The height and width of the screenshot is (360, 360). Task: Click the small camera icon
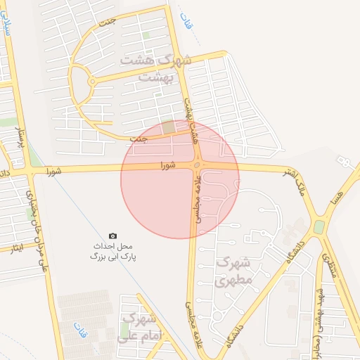112,236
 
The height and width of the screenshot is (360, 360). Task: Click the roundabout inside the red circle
197,165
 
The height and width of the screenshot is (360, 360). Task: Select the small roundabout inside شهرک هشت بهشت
92,82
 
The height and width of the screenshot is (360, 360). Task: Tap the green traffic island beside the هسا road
319,227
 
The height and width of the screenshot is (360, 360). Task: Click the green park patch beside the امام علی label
124,329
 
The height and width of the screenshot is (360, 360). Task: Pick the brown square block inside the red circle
169,127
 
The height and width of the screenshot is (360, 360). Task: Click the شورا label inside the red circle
167,166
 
